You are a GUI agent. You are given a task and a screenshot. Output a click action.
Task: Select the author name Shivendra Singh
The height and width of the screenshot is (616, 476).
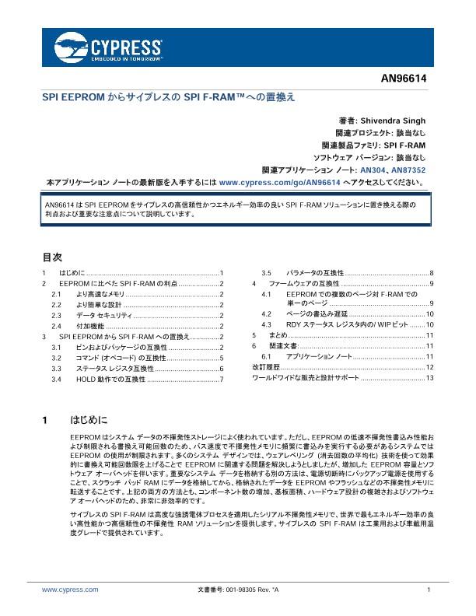point(393,121)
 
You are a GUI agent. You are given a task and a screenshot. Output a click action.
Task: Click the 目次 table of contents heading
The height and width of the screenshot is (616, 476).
point(51,256)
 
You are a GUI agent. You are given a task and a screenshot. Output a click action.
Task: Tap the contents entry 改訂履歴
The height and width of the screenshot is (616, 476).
point(266,366)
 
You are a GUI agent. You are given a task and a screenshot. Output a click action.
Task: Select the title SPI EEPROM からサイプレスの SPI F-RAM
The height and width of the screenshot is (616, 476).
point(168,98)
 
